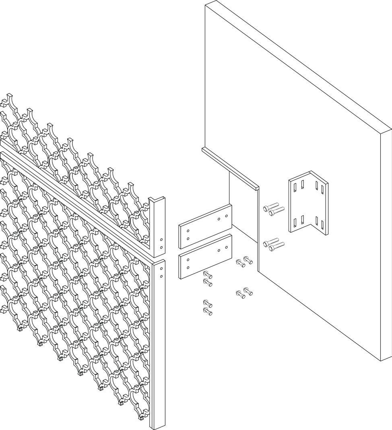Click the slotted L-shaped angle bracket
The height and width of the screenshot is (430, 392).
coord(308,205)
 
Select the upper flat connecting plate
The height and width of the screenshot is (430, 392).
coord(205,227)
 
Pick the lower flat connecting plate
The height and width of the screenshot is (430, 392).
coord(205,257)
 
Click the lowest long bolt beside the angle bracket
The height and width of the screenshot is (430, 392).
coord(276,246)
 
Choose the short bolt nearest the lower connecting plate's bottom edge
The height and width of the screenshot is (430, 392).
coord(207,275)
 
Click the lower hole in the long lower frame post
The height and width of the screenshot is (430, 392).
coord(161,276)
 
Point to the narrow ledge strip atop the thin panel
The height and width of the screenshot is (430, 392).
coord(229,167)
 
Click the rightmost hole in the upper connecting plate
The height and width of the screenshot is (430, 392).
coord(226,216)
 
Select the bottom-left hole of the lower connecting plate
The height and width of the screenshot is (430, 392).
coord(188,267)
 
